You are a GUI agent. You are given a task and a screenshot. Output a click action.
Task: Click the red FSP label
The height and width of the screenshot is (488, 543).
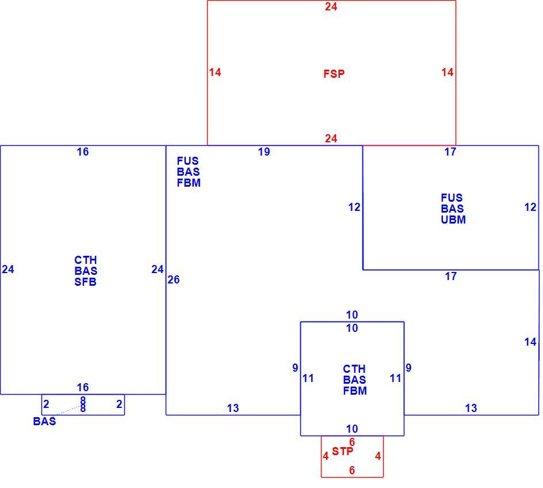click(334, 74)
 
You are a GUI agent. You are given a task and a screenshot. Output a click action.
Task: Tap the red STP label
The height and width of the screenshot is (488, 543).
click(342, 451)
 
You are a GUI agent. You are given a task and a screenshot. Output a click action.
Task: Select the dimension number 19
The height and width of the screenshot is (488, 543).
click(264, 152)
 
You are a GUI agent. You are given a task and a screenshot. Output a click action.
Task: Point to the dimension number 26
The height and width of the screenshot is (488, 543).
click(174, 279)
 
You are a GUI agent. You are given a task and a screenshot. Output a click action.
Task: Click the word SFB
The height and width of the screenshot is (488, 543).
click(85, 282)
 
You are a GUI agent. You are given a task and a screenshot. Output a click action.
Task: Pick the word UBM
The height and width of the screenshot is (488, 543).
click(453, 220)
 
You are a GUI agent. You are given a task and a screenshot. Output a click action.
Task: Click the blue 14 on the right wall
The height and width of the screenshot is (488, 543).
click(530, 342)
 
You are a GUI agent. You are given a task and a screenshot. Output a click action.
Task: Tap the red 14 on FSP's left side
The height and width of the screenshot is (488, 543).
click(215, 72)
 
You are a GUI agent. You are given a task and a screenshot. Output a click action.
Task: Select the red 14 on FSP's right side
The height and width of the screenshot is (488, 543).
click(447, 72)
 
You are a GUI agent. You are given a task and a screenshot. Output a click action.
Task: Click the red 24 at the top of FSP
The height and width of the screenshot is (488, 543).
click(331, 6)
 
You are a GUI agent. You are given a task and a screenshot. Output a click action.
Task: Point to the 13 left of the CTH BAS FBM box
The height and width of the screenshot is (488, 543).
click(233, 408)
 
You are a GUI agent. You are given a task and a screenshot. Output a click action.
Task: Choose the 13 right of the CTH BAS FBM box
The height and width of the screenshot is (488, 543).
click(471, 408)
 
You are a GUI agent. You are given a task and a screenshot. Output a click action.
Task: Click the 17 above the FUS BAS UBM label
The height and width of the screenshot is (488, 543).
click(450, 152)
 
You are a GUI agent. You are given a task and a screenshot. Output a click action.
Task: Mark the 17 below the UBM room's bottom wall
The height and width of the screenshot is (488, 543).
click(450, 277)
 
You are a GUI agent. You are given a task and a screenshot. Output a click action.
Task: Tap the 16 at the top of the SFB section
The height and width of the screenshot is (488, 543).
click(83, 152)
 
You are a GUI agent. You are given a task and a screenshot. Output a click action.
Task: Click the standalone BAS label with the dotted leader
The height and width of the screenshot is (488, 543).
click(44, 421)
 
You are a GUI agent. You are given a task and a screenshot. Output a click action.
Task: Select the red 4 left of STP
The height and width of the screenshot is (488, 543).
click(326, 456)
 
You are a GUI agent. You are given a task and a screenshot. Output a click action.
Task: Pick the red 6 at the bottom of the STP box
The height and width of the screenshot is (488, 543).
click(352, 470)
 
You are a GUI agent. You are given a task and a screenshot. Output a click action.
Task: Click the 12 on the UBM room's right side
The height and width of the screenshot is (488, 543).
click(530, 207)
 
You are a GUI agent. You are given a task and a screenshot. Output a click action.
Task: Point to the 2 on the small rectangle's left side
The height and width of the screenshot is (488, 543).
click(46, 404)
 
